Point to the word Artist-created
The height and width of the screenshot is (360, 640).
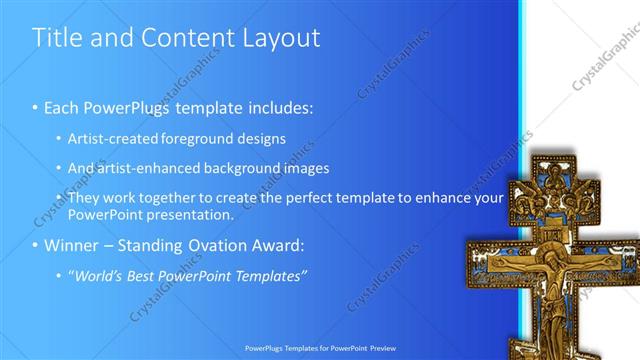(x=112, y=138)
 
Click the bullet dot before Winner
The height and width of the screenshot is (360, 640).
(x=36, y=245)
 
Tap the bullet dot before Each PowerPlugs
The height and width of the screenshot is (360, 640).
(x=36, y=106)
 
